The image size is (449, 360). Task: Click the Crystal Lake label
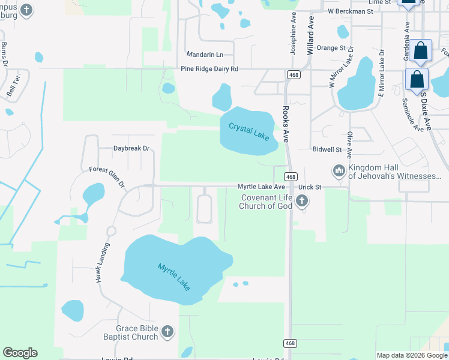249,131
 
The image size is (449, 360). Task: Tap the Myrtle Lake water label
174,277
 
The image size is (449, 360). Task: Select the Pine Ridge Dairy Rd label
209,69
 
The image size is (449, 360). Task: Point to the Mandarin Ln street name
204,54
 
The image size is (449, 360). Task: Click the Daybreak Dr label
131,148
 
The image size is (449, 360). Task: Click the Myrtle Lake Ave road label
261,187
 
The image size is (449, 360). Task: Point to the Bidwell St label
327,149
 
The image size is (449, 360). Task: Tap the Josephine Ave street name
294,35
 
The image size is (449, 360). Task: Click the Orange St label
331,48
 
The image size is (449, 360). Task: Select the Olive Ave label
349,145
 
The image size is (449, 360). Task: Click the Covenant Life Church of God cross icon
302,202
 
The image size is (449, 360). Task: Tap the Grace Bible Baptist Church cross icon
167,331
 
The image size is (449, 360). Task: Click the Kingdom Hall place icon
339,172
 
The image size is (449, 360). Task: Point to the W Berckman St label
351,11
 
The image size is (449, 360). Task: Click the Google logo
20,353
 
